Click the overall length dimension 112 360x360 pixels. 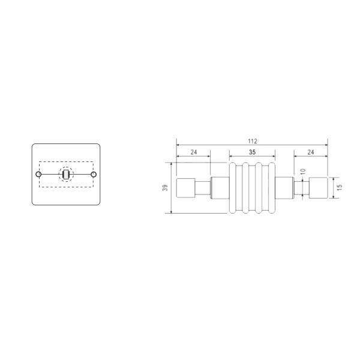tap(251, 141)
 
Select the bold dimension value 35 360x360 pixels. tap(251, 152)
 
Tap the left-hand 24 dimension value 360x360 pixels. tap(193, 152)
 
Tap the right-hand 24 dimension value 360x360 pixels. tap(310, 152)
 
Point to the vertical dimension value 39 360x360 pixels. tap(165, 188)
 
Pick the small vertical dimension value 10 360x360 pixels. tap(303, 172)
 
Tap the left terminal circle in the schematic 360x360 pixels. tap(39, 175)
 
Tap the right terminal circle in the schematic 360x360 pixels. tap(93, 175)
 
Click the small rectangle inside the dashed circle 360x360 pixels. tap(66, 175)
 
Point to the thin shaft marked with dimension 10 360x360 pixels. tap(301, 188)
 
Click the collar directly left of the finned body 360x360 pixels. tap(219, 188)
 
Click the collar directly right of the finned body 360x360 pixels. tap(284, 188)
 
